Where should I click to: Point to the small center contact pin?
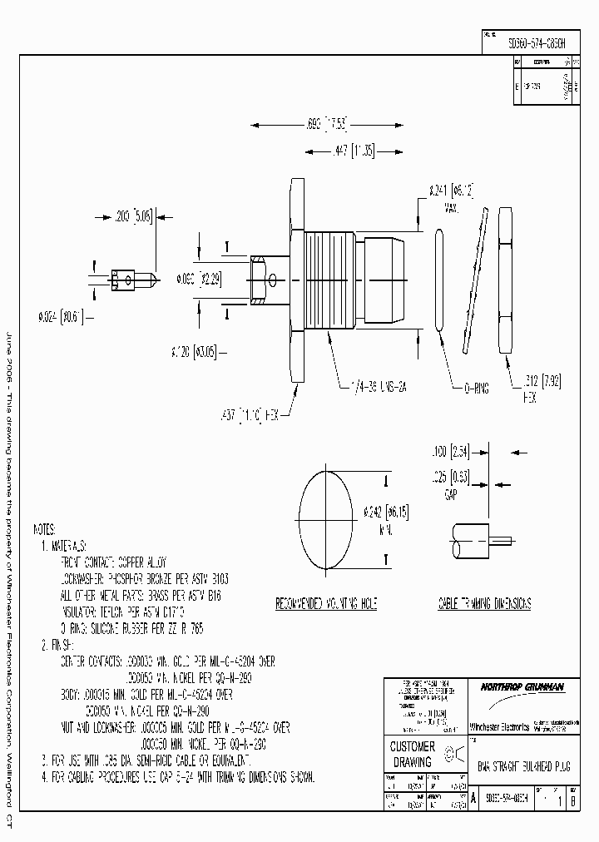point(126,277)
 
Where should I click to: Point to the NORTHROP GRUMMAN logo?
point(510,687)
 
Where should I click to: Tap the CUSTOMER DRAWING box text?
point(413,754)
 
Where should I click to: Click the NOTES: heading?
point(45,529)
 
